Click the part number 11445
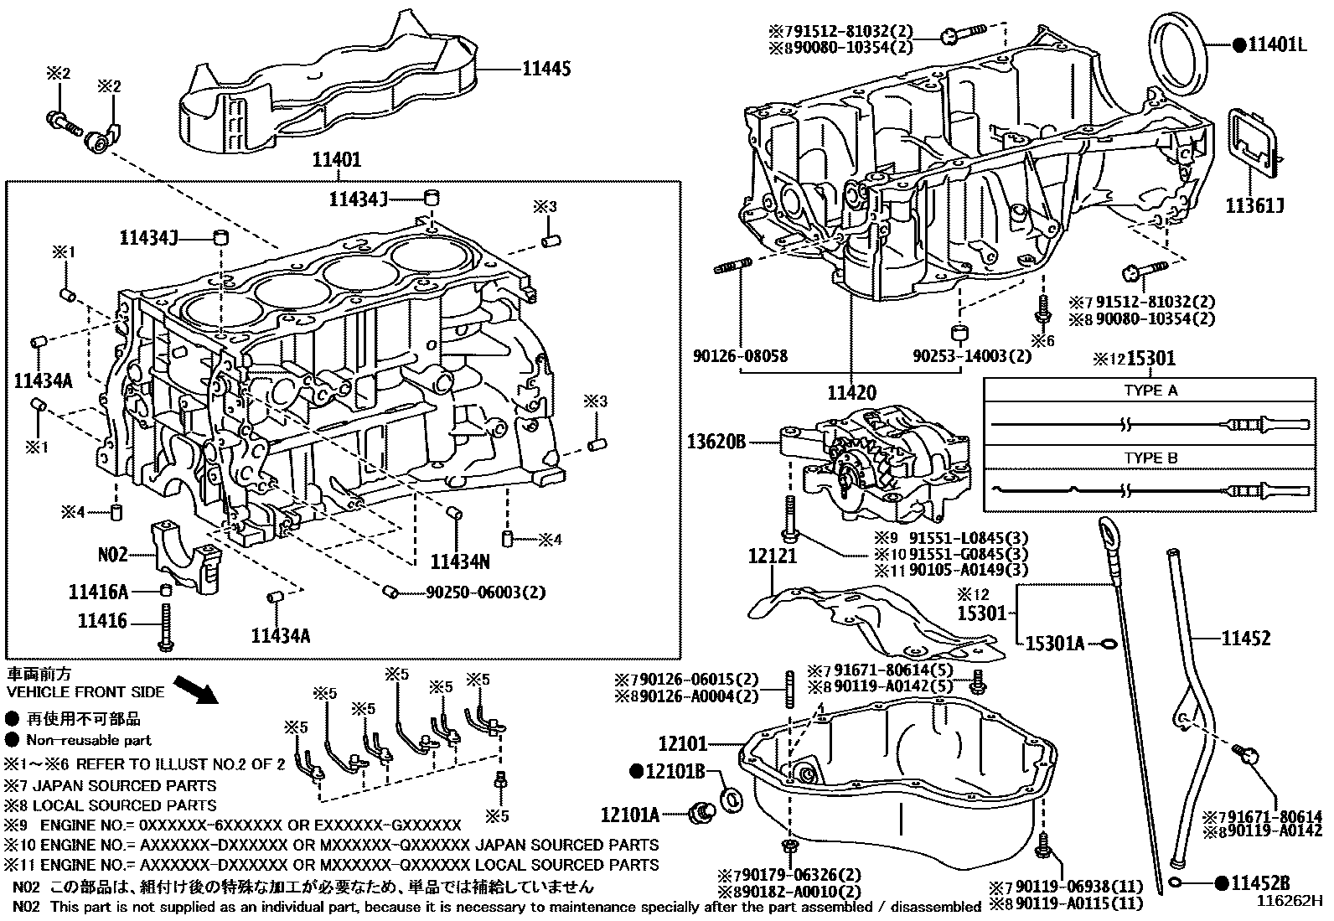tap(546, 69)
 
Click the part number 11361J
tap(1254, 204)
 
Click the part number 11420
tap(851, 392)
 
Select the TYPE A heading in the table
tap(1150, 391)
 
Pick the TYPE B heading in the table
tap(1150, 458)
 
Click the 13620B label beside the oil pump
tap(716, 441)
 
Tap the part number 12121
tap(773, 556)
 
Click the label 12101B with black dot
tap(676, 771)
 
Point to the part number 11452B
tap(1259, 882)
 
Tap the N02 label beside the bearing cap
tap(112, 554)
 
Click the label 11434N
tap(460, 561)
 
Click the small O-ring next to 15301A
tap(1108, 644)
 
